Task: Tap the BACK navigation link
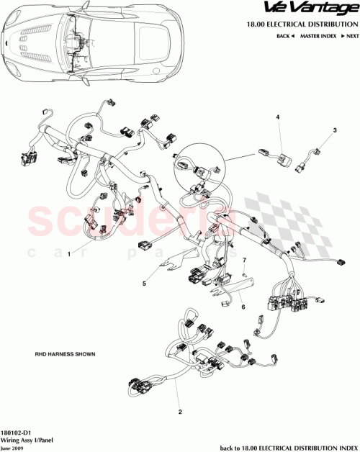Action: click(x=287, y=36)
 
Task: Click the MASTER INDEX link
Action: click(x=319, y=36)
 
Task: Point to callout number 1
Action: click(x=69, y=254)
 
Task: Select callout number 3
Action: click(x=334, y=130)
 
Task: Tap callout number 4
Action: click(x=278, y=117)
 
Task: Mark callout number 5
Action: click(x=145, y=283)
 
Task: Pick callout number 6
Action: click(x=243, y=307)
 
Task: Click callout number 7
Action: click(x=243, y=259)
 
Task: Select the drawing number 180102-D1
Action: click(x=17, y=430)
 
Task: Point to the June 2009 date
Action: click(x=14, y=446)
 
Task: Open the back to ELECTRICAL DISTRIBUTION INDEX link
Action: click(x=288, y=446)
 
